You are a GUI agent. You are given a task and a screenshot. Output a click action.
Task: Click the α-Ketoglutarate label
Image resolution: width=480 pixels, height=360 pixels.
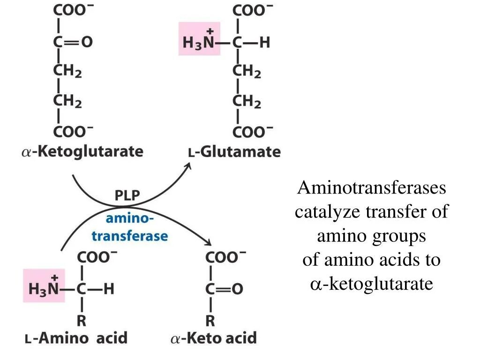(82, 152)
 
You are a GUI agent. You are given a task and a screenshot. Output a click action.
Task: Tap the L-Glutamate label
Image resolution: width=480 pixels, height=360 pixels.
(234, 152)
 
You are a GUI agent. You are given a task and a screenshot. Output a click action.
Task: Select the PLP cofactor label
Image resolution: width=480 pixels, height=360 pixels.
(127, 195)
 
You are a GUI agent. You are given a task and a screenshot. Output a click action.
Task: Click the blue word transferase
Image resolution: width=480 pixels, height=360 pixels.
(129, 235)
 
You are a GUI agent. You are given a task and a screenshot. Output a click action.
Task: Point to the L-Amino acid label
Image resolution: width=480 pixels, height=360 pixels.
(75, 337)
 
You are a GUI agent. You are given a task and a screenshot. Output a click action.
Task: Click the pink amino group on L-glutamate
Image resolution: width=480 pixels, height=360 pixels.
(199, 41)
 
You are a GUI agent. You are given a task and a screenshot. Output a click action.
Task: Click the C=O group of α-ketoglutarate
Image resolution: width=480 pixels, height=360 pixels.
(73, 42)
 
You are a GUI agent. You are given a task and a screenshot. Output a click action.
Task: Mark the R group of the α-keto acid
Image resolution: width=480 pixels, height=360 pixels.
(210, 321)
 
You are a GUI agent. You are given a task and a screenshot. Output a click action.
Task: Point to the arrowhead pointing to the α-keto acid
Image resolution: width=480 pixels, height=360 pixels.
(208, 242)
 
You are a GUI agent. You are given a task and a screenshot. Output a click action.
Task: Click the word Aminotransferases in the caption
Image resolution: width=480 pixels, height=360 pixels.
(372, 188)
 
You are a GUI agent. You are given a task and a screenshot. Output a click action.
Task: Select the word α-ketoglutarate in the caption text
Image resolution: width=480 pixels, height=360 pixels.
(372, 284)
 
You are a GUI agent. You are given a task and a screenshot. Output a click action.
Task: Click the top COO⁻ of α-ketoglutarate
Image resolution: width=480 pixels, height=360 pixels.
(73, 11)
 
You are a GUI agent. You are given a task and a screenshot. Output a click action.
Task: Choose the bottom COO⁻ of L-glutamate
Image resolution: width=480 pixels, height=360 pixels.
(253, 131)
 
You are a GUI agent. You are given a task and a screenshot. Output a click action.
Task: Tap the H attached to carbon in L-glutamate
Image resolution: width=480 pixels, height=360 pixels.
(265, 43)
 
